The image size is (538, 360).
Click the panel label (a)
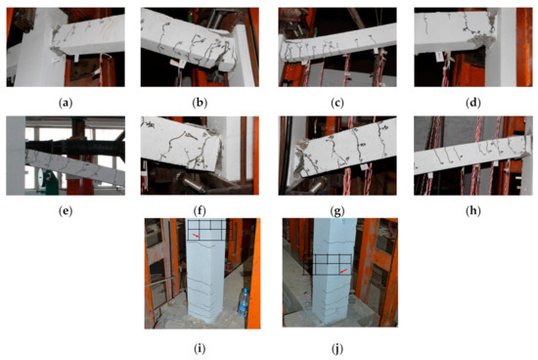[66, 103]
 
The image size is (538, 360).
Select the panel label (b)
[200, 103]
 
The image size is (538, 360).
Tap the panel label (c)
[336, 103]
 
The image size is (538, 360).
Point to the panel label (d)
[473, 103]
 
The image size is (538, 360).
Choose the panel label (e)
[66, 211]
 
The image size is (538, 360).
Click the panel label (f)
[200, 211]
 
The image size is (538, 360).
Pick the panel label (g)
[336, 211]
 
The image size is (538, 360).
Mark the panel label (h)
[473, 211]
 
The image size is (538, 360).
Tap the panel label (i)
[200, 349]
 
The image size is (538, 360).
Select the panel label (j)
[336, 349]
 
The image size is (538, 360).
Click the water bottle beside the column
[244, 302]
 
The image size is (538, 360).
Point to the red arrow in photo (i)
[196, 236]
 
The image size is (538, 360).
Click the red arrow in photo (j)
[343, 271]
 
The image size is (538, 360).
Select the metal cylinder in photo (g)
[314, 185]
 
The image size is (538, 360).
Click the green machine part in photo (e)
[47, 177]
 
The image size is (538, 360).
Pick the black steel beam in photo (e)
[75, 147]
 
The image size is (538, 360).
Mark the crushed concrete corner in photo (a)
[55, 51]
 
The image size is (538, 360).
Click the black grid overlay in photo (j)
[328, 264]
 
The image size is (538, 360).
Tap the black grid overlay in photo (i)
[206, 229]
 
